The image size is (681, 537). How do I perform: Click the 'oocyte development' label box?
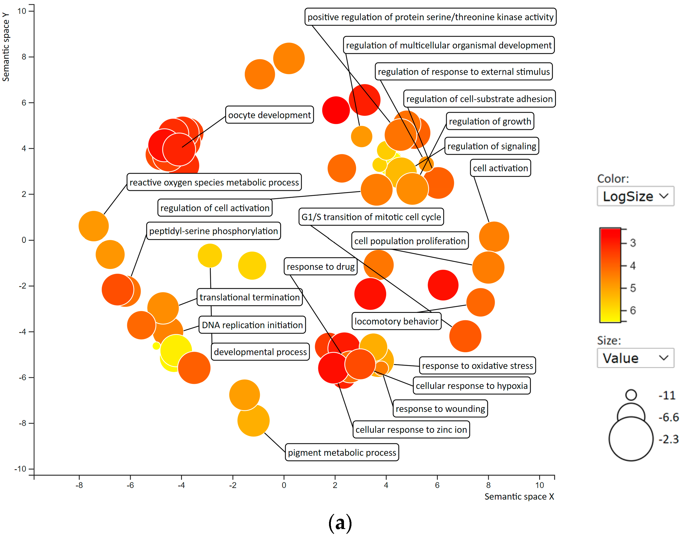[x=269, y=115]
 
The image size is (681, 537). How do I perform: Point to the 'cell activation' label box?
[x=500, y=168]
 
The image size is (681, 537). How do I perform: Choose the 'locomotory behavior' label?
[x=396, y=321]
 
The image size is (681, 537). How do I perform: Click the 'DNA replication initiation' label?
[x=252, y=325]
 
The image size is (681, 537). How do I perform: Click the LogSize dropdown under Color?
[x=635, y=196]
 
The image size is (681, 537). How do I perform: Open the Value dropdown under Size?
[x=635, y=358]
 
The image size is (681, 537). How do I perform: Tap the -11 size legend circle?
[x=631, y=395]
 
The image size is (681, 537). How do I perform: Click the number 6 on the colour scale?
[x=632, y=310]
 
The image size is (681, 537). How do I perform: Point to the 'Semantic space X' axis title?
[x=519, y=497]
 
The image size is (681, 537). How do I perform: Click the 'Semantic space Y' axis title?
[x=6, y=47]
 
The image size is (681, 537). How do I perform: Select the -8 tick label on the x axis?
[x=79, y=485]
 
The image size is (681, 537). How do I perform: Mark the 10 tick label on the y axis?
[x=22, y=11]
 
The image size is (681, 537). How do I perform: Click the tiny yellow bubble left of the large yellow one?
[x=156, y=346]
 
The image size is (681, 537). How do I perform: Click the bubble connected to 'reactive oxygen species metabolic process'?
[x=93, y=226]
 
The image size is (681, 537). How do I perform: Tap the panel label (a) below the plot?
[x=340, y=523]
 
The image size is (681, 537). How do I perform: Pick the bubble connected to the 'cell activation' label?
[x=494, y=237]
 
